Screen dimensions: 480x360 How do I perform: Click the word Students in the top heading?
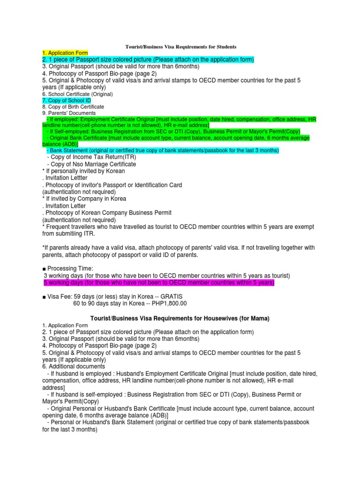(x=224, y=46)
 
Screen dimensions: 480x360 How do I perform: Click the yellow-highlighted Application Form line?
(x=65, y=53)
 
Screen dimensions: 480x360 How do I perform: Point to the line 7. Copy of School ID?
(x=67, y=100)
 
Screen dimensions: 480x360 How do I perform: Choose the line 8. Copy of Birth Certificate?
(x=73, y=107)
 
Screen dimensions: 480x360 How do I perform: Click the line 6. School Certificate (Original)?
(x=77, y=94)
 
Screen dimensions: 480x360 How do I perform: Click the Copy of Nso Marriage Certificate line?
(x=91, y=164)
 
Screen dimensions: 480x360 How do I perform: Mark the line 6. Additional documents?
(x=74, y=366)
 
